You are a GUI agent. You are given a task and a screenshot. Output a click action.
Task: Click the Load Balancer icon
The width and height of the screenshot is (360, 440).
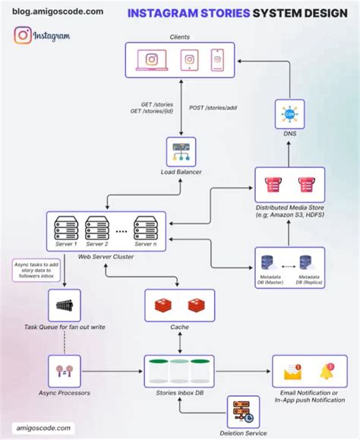(180, 152)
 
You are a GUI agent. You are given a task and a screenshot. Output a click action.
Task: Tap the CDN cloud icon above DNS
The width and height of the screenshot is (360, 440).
(288, 114)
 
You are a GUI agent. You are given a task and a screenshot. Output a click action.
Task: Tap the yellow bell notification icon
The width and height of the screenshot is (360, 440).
(328, 372)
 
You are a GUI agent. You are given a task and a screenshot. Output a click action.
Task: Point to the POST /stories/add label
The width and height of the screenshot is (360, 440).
(212, 108)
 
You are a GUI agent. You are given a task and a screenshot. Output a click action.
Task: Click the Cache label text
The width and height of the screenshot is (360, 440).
(179, 327)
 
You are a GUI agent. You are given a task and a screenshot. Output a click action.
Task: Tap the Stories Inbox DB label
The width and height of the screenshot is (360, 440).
(179, 393)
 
